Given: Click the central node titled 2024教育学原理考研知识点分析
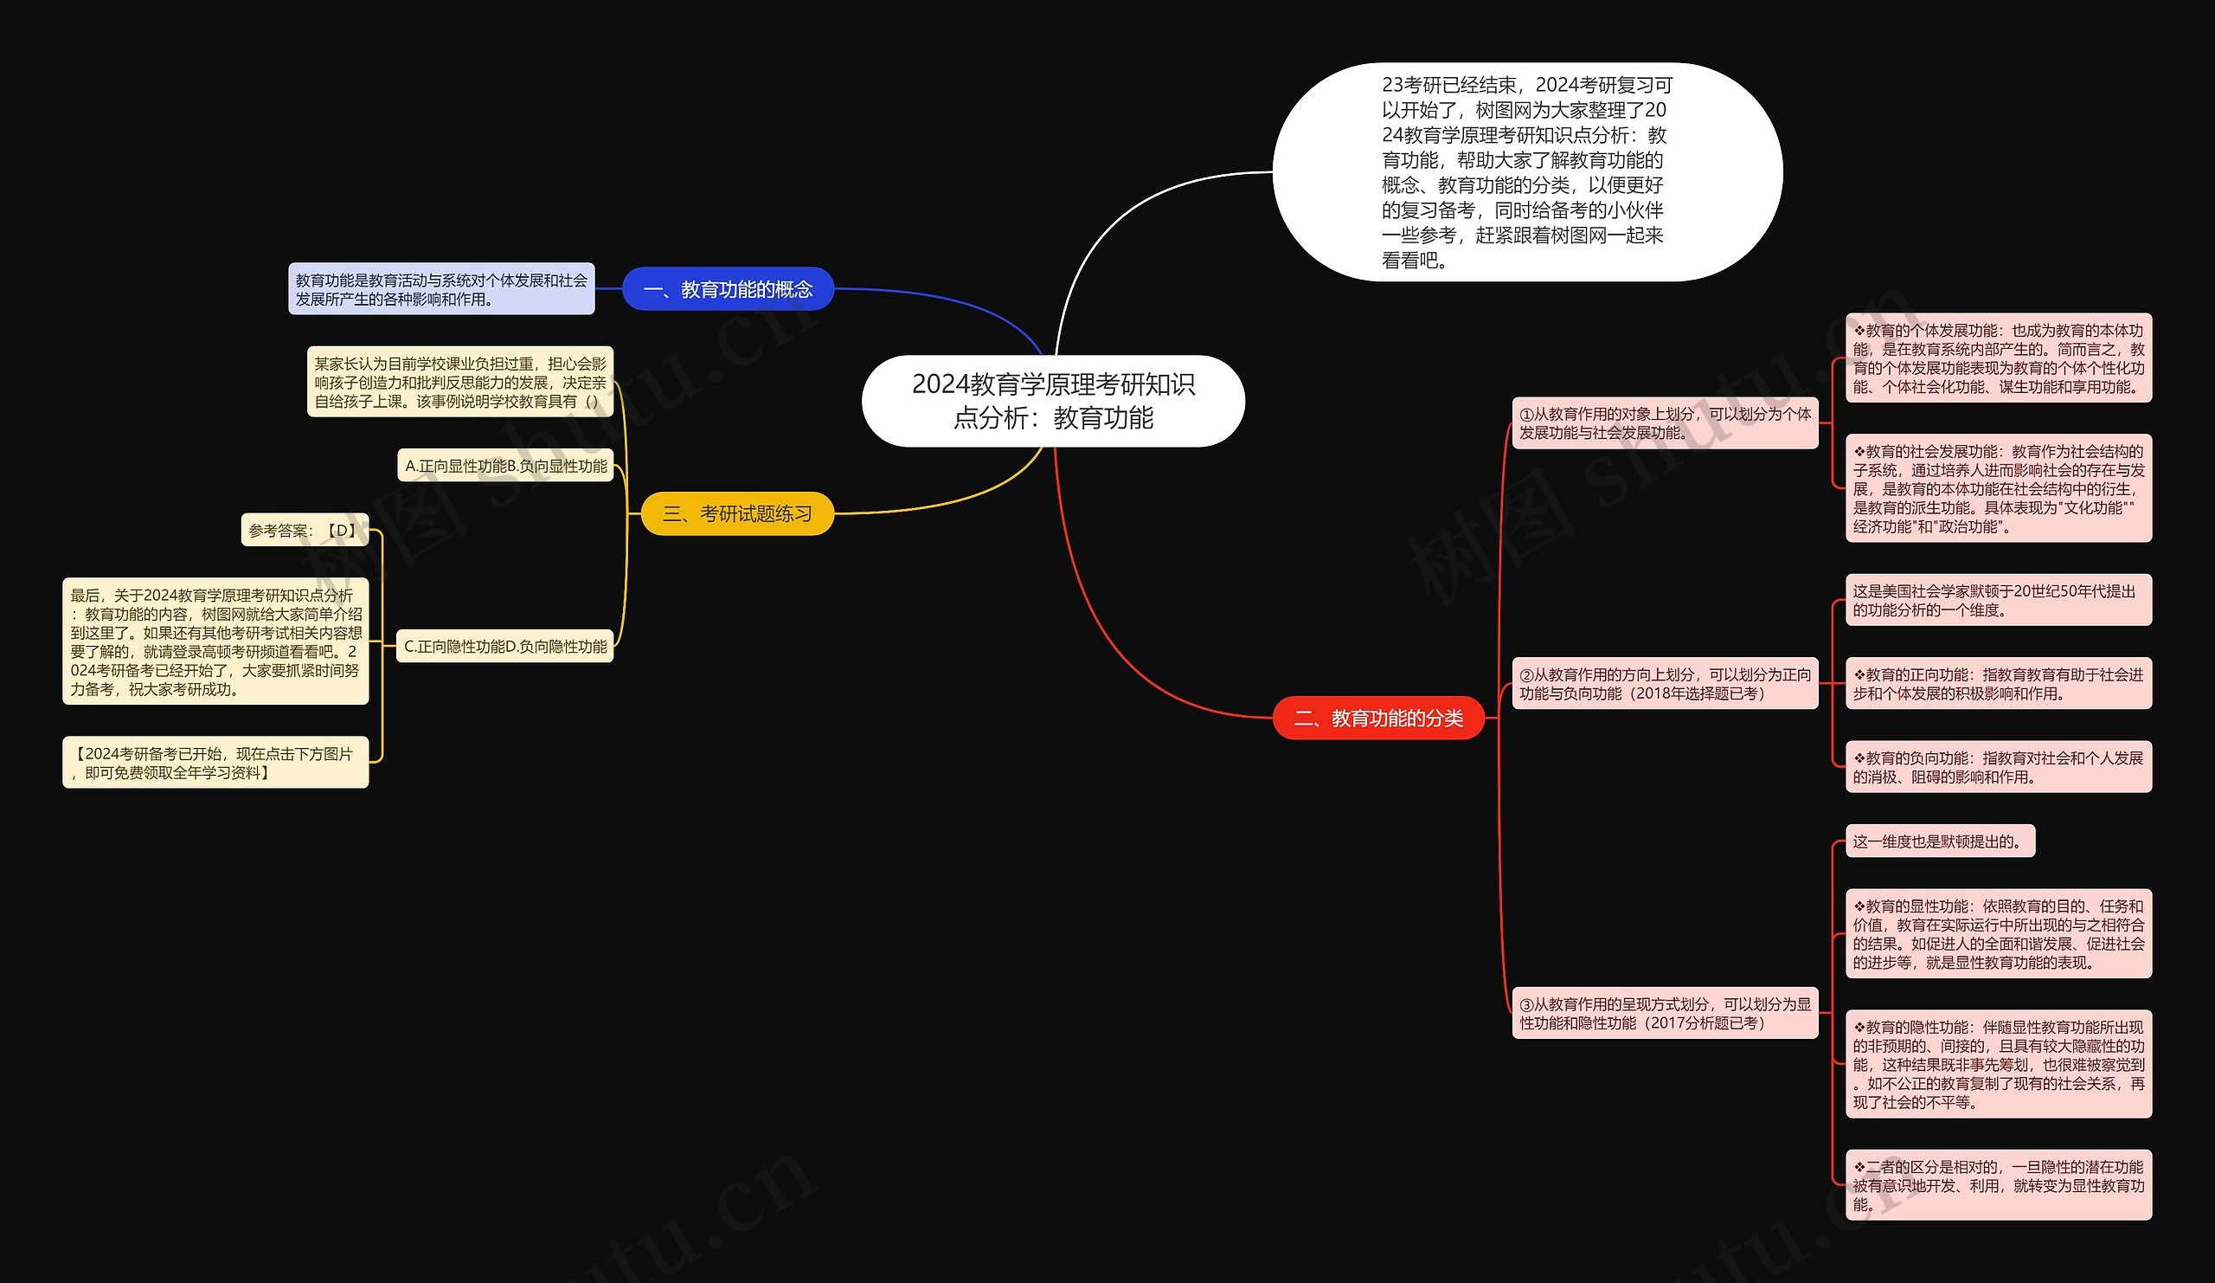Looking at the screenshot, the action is pyautogui.click(x=1053, y=401).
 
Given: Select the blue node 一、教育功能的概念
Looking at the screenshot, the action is pyautogui.click(x=728, y=289).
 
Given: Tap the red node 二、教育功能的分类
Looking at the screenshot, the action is pyautogui.click(x=1378, y=719).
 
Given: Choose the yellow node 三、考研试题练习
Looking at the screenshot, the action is pyautogui.click(x=736, y=513).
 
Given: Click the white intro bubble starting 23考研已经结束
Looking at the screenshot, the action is pyautogui.click(x=1527, y=172).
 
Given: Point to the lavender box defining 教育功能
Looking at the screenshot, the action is pyautogui.click(x=441, y=289).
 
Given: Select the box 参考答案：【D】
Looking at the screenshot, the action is pyautogui.click(x=304, y=531).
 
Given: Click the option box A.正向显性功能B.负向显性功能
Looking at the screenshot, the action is pyautogui.click(x=505, y=466).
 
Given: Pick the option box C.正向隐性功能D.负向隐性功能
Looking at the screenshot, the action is pyautogui.click(x=504, y=647).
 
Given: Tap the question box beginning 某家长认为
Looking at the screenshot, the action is pyautogui.click(x=459, y=383).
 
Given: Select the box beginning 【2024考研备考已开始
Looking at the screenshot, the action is pyautogui.click(x=215, y=763).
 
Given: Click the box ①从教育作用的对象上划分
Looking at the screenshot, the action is pyautogui.click(x=1665, y=423).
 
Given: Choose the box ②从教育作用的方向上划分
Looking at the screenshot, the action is pyautogui.click(x=1665, y=683).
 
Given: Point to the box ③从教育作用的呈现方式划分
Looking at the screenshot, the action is pyautogui.click(x=1665, y=1013).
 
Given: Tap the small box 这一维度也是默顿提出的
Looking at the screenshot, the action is pyautogui.click(x=1939, y=841).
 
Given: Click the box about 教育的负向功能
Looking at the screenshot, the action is pyautogui.click(x=1998, y=767).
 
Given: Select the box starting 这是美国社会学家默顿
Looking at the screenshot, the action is pyautogui.click(x=1998, y=601).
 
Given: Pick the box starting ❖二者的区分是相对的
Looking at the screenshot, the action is pyautogui.click(x=1998, y=1184).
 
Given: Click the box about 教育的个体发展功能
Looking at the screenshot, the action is pyautogui.click(x=1998, y=358).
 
